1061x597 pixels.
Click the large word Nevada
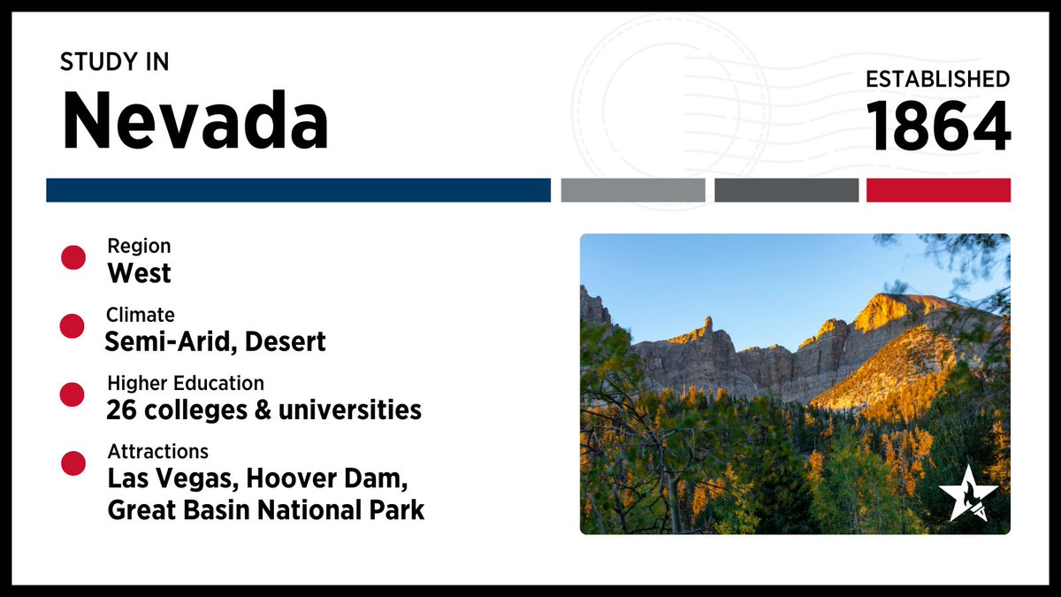(x=195, y=121)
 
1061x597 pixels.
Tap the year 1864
(x=938, y=126)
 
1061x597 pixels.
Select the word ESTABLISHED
(x=937, y=79)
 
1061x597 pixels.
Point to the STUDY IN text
(x=114, y=62)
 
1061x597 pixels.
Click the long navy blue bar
(x=298, y=190)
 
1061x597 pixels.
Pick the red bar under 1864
(x=938, y=190)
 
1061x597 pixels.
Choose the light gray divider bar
(x=632, y=190)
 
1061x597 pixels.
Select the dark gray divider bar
(x=786, y=190)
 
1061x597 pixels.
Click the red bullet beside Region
(x=73, y=257)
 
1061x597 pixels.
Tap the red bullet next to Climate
(x=73, y=326)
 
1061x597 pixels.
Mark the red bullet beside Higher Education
(x=73, y=394)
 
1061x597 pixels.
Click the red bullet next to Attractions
(x=73, y=463)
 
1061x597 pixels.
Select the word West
(x=139, y=273)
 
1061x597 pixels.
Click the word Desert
(x=284, y=341)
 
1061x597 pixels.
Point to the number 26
(x=121, y=409)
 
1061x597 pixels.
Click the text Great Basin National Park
(x=265, y=510)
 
